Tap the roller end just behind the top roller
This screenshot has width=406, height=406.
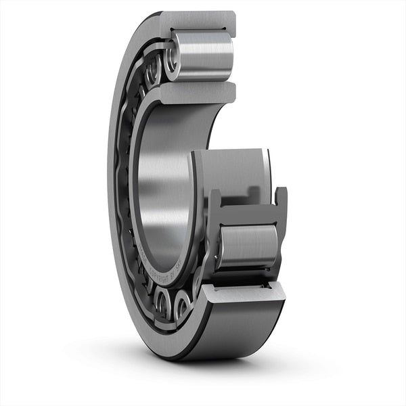click(152, 68)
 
